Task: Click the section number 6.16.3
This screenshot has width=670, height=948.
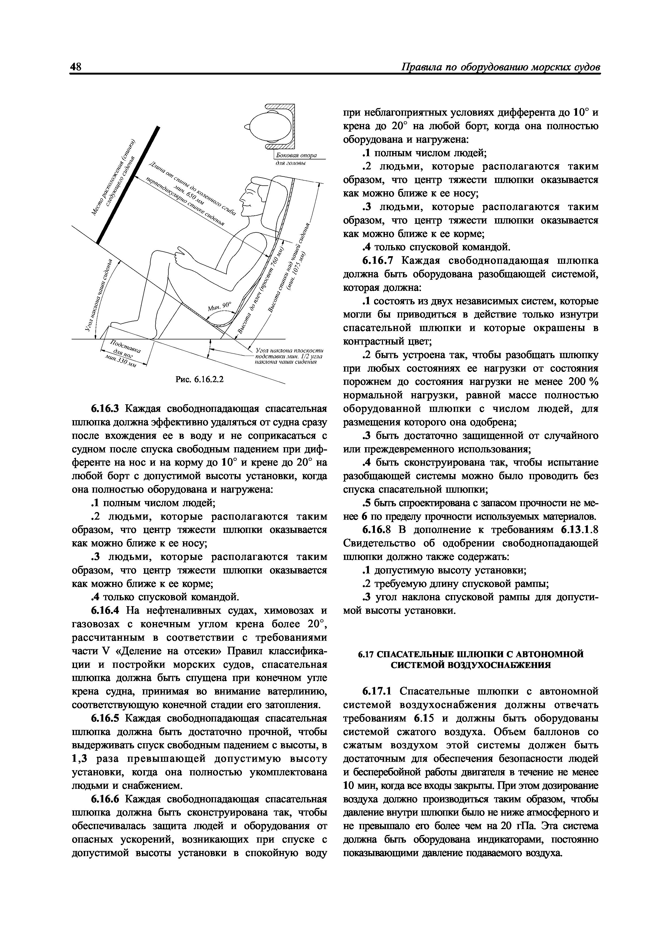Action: click(x=105, y=409)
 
